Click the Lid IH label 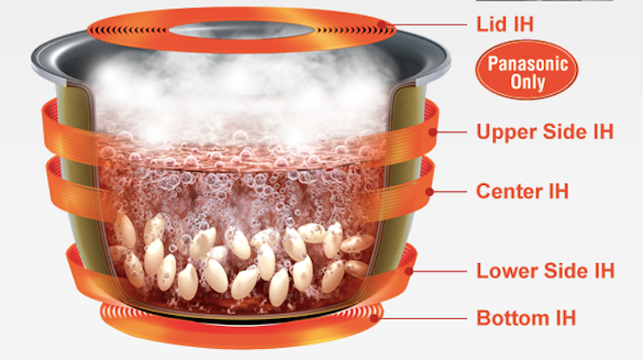(x=505, y=24)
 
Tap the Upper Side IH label (x=545, y=132)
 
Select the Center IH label (x=522, y=191)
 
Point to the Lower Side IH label (x=546, y=271)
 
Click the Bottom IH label (x=526, y=317)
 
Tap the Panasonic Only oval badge (x=526, y=70)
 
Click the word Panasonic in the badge (x=528, y=63)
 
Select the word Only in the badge (x=528, y=82)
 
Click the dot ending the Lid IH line (x=382, y=25)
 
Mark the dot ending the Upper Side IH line (x=432, y=132)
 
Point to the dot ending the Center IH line (x=429, y=191)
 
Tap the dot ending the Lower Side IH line (x=408, y=271)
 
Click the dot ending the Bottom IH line (x=374, y=318)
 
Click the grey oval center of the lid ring (x=240, y=30)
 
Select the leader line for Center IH (x=448, y=191)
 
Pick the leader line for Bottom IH (x=420, y=318)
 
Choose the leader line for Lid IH (x=424, y=25)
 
